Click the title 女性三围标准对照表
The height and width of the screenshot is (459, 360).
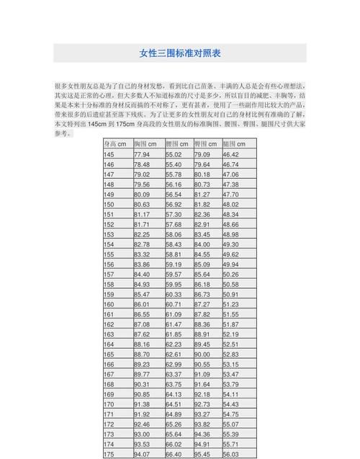(180, 53)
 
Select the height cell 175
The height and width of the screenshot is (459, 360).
(109, 455)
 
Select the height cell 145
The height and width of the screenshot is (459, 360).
(109, 155)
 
